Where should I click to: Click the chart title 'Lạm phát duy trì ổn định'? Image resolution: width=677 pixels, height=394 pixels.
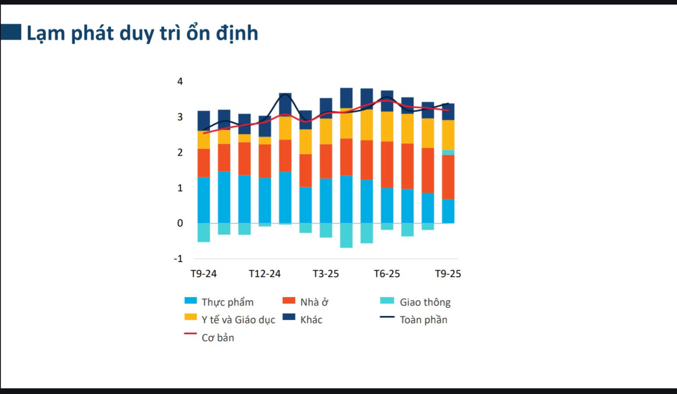click(142, 33)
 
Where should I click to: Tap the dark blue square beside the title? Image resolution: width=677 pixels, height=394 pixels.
click(11, 32)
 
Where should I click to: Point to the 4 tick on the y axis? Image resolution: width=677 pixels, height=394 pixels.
click(180, 81)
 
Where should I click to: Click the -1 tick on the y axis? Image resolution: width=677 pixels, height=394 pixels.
click(178, 259)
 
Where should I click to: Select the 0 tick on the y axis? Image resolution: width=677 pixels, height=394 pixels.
click(180, 223)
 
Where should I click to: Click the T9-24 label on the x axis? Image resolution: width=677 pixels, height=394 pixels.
click(204, 274)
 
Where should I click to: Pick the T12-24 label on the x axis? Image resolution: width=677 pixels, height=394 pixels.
click(265, 274)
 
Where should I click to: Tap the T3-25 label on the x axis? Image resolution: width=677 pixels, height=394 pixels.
click(326, 274)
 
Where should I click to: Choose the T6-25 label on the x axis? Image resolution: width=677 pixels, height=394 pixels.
click(387, 274)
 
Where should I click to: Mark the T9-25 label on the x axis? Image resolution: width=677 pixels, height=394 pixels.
click(448, 274)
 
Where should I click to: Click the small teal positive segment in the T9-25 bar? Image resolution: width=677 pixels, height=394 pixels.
click(448, 152)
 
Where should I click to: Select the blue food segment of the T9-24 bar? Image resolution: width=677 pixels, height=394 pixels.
click(204, 200)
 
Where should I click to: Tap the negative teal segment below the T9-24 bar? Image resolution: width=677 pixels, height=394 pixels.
click(204, 233)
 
